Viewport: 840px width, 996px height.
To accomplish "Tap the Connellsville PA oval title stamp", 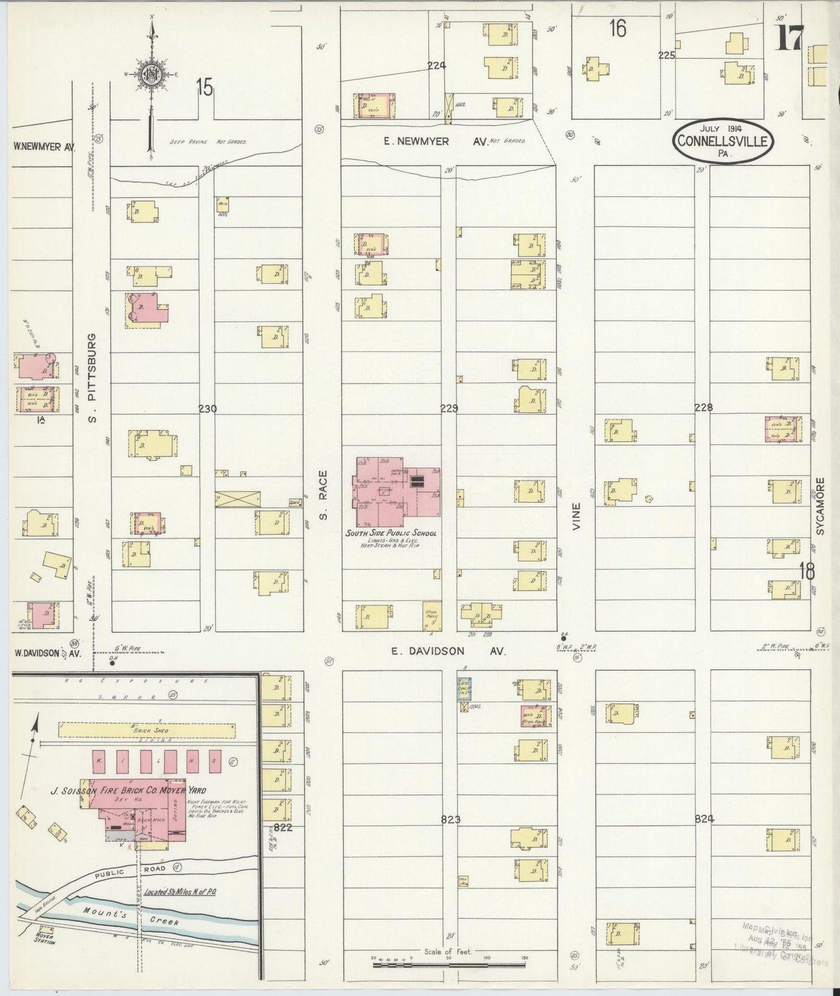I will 724,140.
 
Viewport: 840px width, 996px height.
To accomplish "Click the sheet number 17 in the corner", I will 789,39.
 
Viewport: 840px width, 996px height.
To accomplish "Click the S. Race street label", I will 324,495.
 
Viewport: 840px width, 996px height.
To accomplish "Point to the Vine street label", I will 576,514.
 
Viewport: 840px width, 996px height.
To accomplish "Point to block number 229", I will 449,409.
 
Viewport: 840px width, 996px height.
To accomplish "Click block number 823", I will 451,819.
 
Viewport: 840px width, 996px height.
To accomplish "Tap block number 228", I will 703,408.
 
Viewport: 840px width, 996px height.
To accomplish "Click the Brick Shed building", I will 147,730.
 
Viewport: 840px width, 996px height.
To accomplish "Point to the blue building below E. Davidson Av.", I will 464,689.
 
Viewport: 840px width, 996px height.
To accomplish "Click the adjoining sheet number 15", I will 205,87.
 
